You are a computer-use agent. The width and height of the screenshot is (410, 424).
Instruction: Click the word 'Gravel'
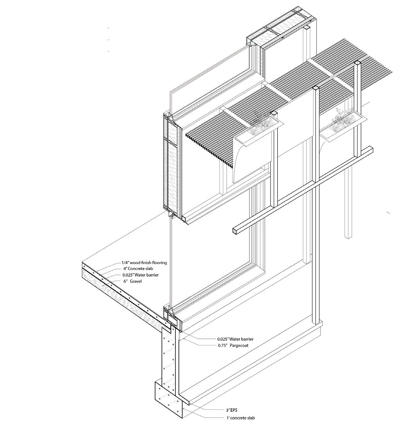pos(136,281)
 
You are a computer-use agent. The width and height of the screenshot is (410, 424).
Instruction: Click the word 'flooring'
pos(158,263)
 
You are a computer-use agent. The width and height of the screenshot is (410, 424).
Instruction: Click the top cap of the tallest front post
pos(357,63)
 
